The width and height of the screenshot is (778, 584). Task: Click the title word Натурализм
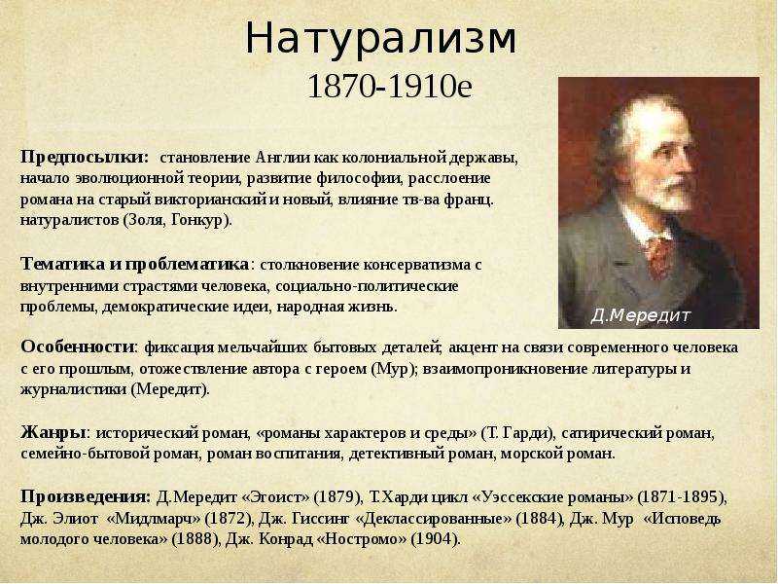point(381,39)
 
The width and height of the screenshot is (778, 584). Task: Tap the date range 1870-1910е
point(390,87)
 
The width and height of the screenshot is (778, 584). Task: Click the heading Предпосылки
point(85,158)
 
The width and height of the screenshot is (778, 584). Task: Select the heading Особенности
point(78,347)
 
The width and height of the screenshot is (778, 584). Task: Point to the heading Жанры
point(54,432)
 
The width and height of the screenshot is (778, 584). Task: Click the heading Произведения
point(86,497)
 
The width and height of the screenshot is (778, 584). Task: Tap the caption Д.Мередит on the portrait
point(641,315)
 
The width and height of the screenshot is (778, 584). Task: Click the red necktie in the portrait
point(659,256)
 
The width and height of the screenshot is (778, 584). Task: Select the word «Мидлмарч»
point(154,519)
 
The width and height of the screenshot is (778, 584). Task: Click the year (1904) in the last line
point(435,539)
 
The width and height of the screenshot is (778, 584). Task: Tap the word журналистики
point(74,389)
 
